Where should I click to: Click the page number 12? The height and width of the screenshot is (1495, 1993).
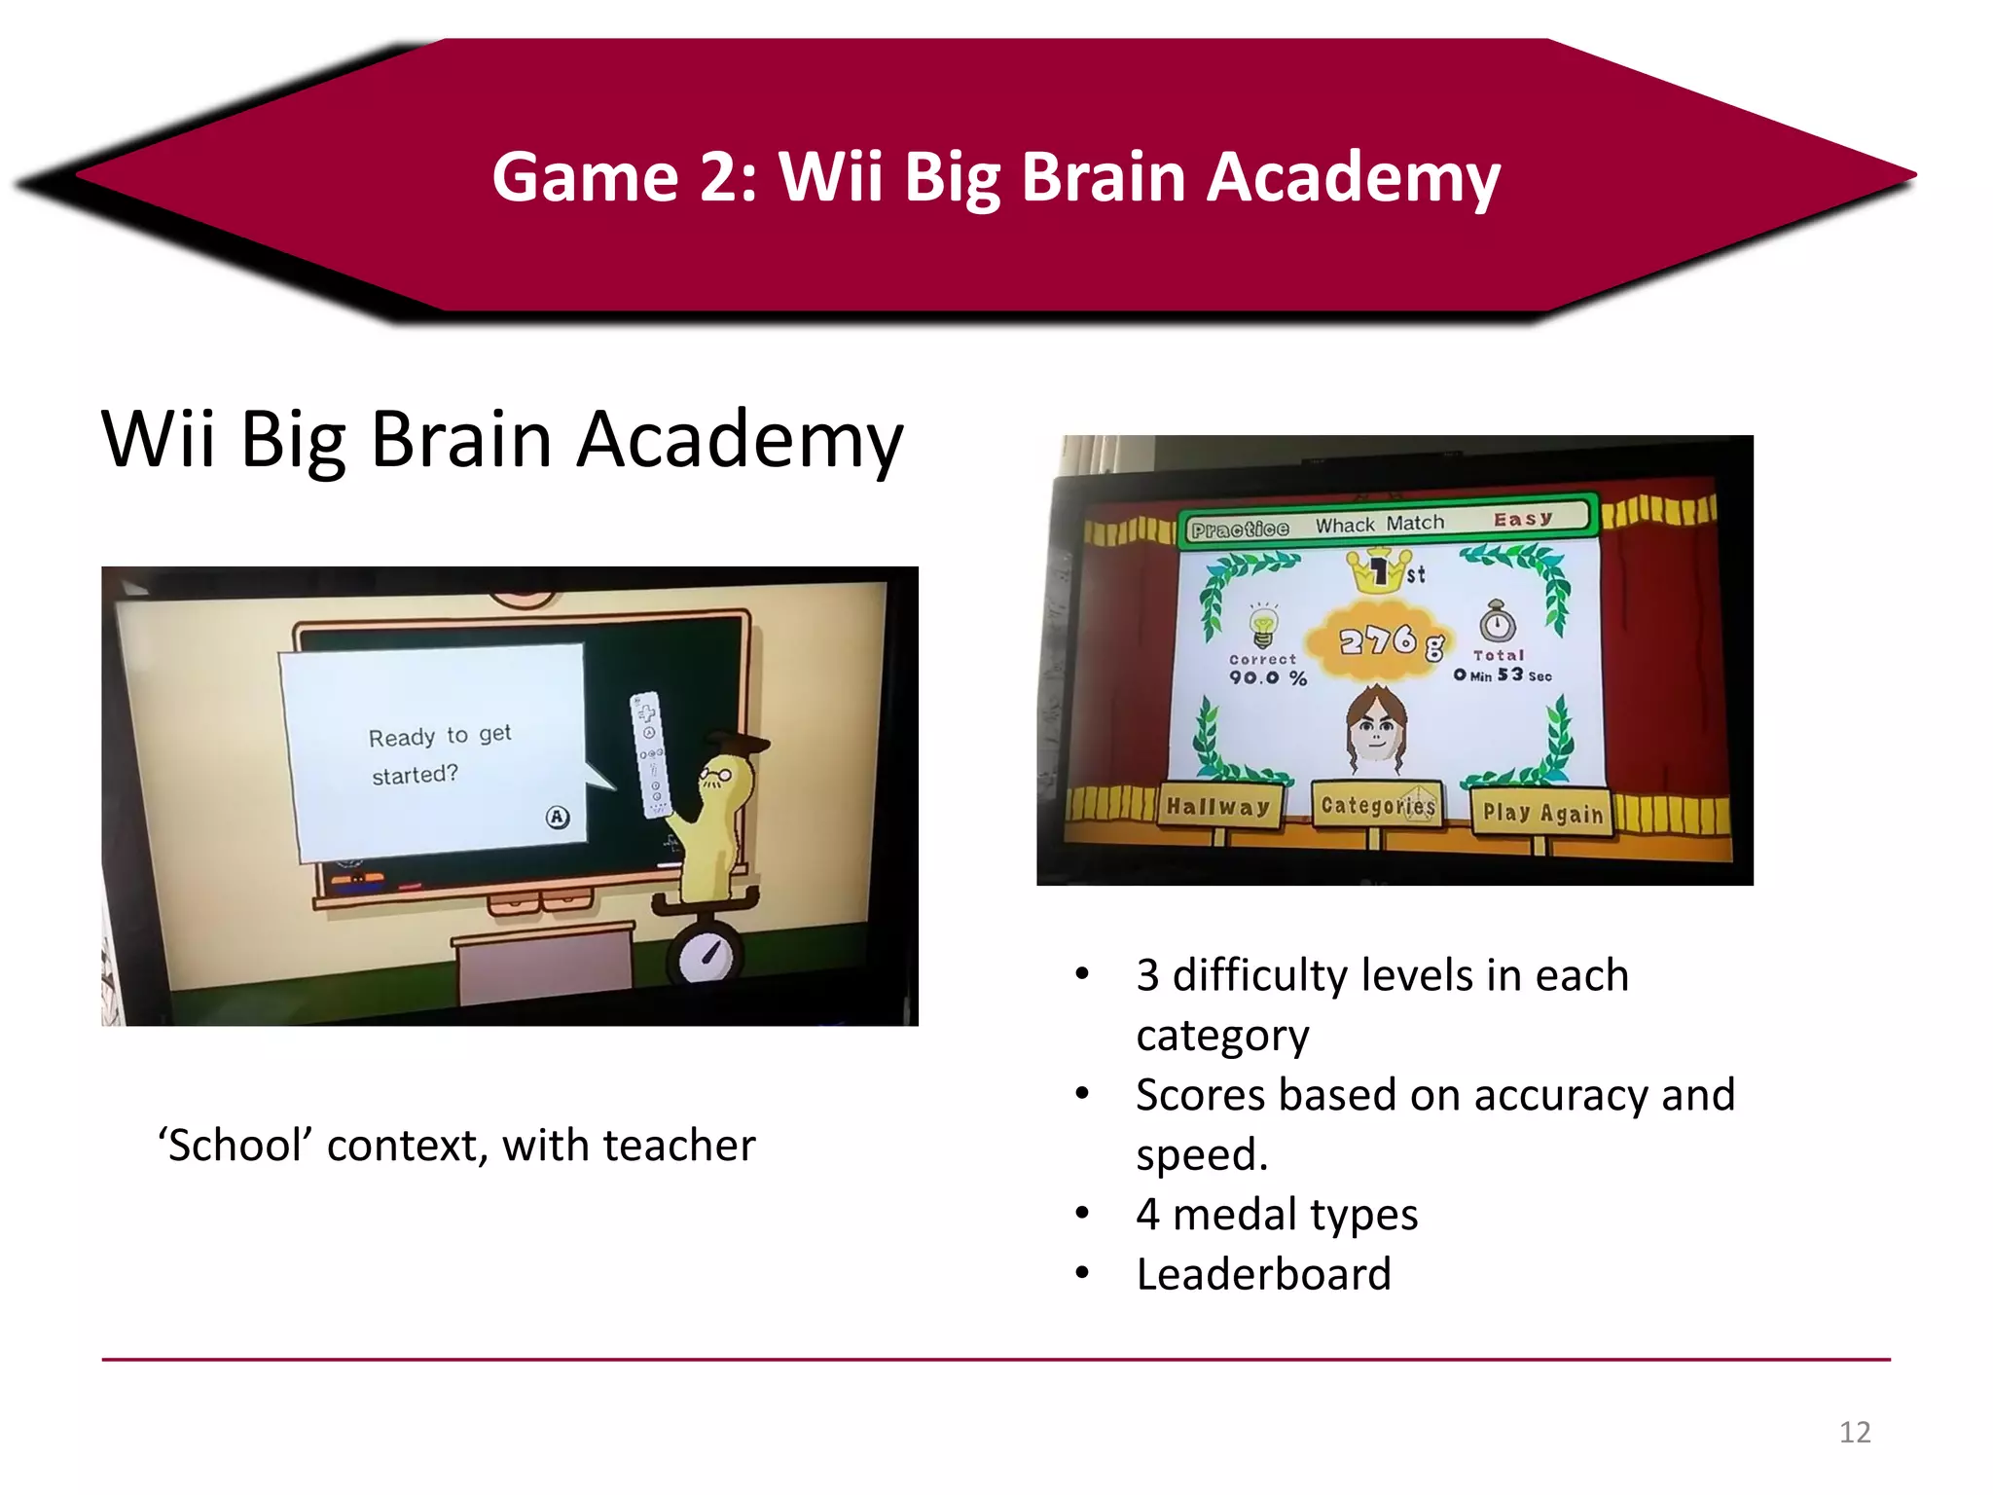1854,1432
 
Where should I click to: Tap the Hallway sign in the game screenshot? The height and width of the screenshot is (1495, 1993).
1218,807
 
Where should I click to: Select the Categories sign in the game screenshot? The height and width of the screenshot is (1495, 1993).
1377,806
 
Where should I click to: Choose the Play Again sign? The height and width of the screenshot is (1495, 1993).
1542,813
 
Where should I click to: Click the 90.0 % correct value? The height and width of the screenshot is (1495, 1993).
1267,677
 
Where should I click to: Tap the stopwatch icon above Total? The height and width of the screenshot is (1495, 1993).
1498,622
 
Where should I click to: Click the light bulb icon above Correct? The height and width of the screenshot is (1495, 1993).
1262,625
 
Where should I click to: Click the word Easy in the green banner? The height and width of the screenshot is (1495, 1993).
1523,519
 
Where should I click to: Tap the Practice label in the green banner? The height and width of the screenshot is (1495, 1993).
1240,529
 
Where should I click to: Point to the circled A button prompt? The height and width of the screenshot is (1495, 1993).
557,817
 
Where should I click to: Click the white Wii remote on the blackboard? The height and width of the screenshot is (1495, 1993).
649,754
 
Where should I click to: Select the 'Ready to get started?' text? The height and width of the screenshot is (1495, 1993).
439,754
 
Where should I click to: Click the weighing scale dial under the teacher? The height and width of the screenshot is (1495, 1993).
706,955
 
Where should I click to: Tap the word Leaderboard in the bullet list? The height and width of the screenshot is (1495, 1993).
1263,1274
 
